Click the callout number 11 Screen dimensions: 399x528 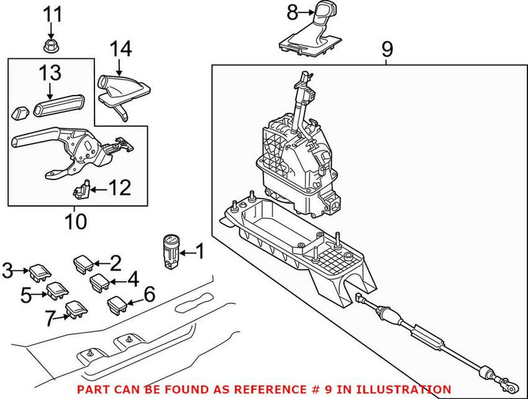51,13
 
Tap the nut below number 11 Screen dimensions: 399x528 51,46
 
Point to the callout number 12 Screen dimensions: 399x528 119,189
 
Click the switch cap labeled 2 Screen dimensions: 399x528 84,265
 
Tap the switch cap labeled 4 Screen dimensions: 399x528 100,282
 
